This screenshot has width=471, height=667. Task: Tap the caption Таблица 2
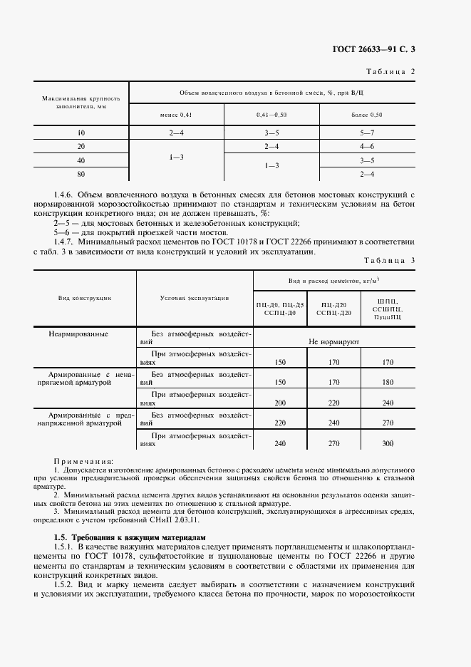tap(390, 72)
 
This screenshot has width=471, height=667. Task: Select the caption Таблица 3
tap(390, 261)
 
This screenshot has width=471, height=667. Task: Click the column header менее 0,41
tap(175, 115)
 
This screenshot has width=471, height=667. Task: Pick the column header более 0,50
tap(368, 115)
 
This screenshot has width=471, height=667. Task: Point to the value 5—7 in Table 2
tap(368, 133)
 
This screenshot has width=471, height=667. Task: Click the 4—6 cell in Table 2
tap(368, 147)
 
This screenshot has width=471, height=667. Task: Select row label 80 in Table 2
tap(81, 173)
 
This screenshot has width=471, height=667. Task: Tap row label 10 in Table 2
tap(81, 133)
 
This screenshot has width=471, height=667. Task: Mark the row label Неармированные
tap(78, 333)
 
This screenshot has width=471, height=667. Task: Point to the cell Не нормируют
tap(333, 342)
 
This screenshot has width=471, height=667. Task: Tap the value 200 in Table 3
tap(280, 403)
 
